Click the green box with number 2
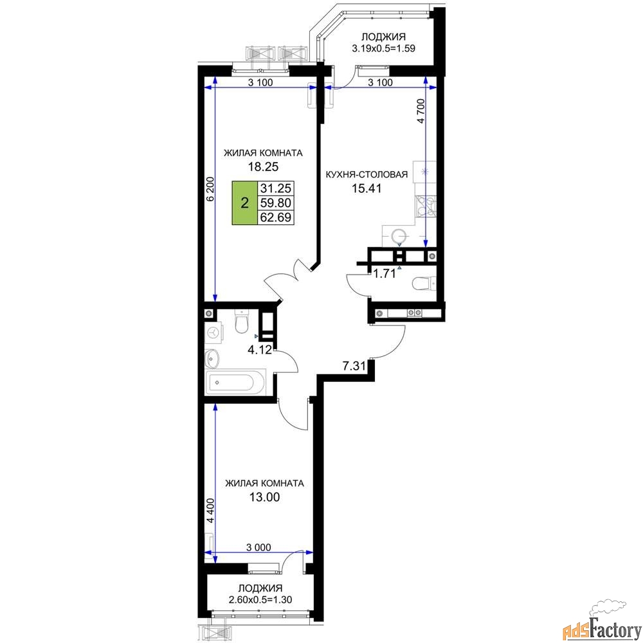(245, 203)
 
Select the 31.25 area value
(276, 188)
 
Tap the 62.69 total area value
(276, 217)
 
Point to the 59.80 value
(276, 203)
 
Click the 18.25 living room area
(263, 167)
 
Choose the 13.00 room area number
(264, 497)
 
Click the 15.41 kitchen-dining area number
(367, 188)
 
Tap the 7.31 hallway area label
(354, 365)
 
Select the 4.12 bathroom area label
(260, 350)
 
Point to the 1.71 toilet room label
(385, 273)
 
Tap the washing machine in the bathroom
(214, 332)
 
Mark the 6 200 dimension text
(210, 188)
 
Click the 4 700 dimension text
(421, 111)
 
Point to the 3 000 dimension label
(258, 547)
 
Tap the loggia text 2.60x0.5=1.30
(260, 599)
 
